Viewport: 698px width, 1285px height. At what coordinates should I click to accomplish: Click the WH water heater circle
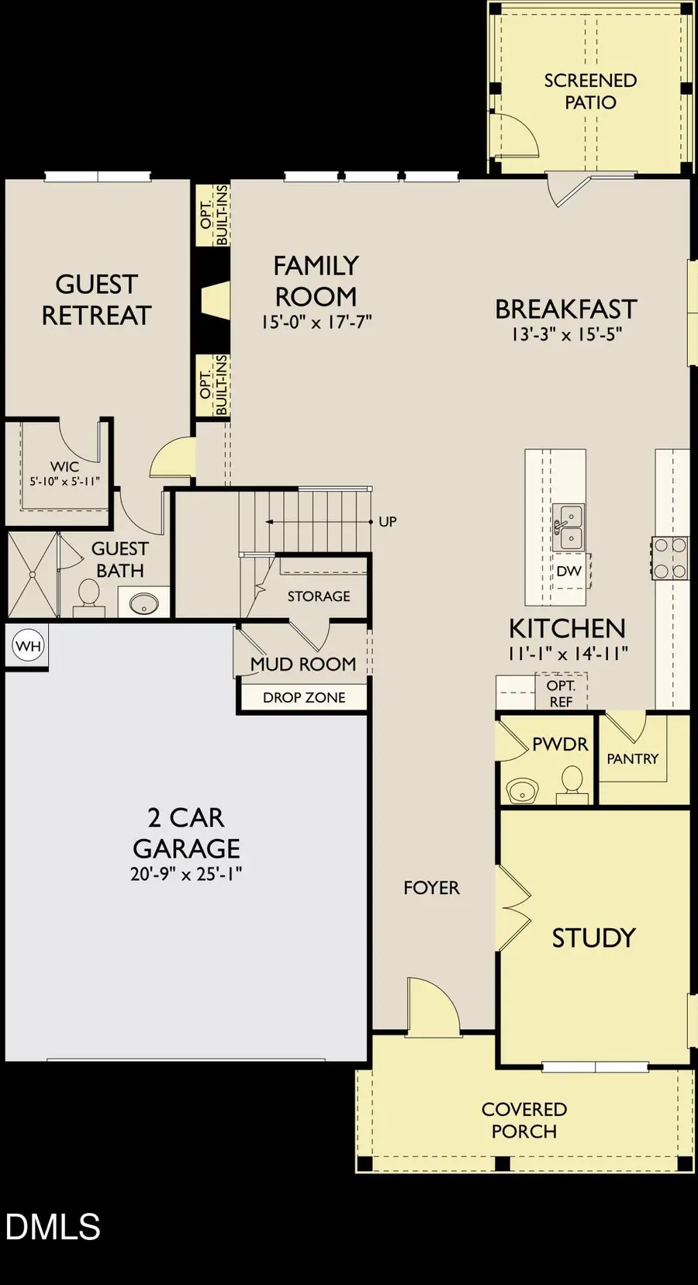(29, 646)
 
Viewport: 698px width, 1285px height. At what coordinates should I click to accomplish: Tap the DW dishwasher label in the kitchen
(568, 571)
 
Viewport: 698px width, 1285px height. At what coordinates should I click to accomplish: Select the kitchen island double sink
(568, 527)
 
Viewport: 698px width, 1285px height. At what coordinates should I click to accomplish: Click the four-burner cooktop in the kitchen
(671, 558)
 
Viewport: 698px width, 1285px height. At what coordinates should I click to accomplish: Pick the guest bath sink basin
(143, 603)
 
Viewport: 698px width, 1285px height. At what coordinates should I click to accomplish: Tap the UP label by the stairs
(388, 522)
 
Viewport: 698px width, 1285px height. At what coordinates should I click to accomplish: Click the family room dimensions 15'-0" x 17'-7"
(316, 322)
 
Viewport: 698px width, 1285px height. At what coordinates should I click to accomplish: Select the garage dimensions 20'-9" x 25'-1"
(186, 874)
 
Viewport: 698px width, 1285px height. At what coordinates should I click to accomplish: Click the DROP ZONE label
(304, 698)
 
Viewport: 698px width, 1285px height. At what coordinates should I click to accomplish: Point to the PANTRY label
(632, 759)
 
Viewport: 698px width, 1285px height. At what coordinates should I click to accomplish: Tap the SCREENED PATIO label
(590, 92)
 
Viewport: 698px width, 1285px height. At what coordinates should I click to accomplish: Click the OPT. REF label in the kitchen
(561, 693)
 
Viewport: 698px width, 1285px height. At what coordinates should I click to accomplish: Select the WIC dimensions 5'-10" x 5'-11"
(65, 482)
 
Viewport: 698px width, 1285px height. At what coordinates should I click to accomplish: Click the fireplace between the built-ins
(214, 299)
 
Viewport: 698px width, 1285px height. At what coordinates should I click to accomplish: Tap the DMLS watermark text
(53, 1227)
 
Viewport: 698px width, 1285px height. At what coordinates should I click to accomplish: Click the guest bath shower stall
(33, 575)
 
